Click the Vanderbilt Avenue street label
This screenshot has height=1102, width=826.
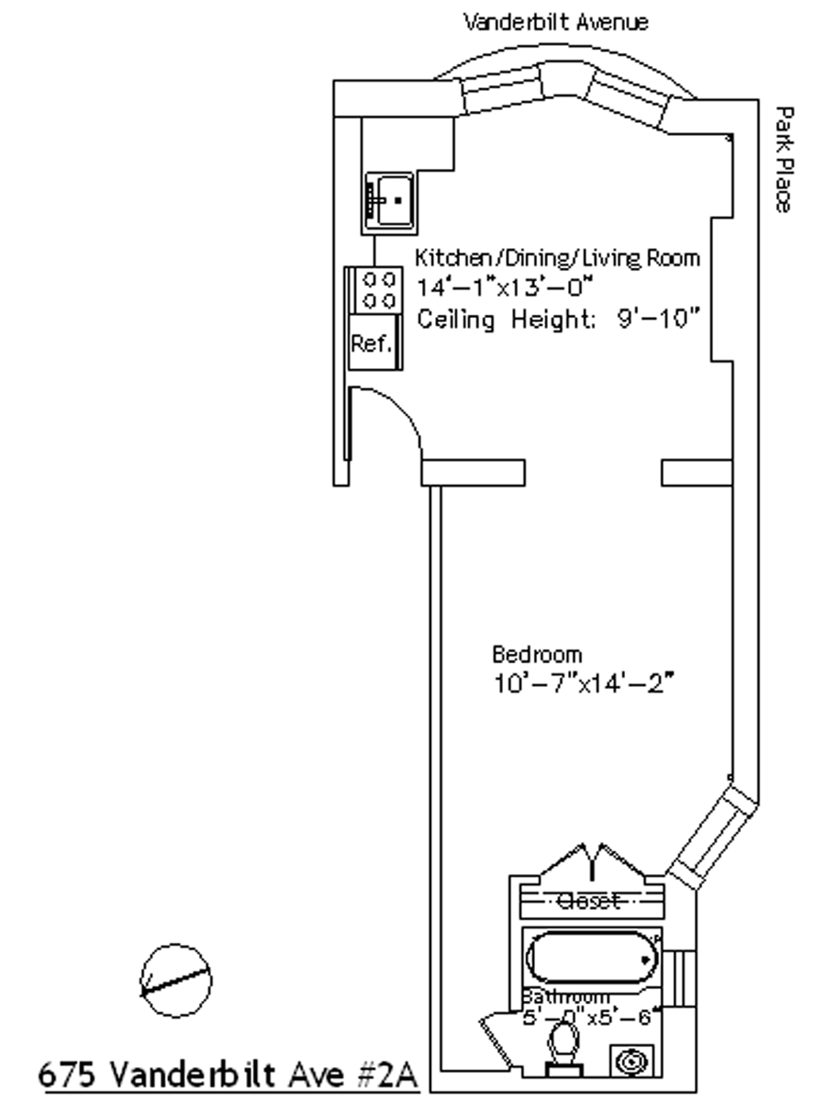pos(555,21)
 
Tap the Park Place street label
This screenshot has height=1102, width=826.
pos(782,159)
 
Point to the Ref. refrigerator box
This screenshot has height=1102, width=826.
pos(372,344)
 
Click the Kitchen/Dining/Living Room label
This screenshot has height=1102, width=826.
pos(558,258)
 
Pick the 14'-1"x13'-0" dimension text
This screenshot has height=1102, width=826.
pos(505,287)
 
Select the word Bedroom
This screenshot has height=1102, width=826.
pos(537,655)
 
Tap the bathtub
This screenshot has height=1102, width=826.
pos(592,958)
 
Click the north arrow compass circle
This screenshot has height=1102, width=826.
pos(175,980)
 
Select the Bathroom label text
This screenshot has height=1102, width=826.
pos(566,997)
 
